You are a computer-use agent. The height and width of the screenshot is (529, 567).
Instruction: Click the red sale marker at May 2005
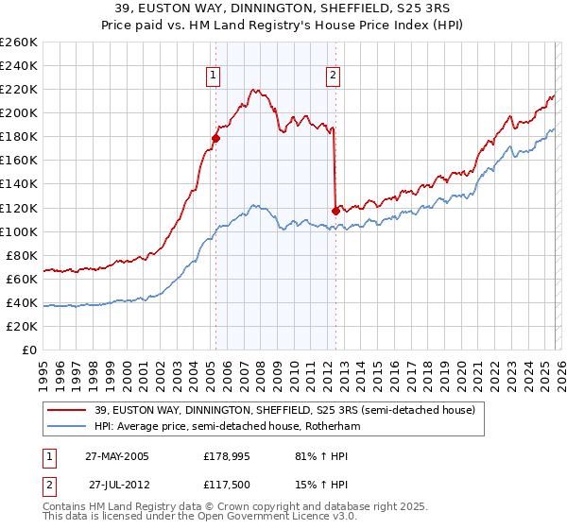point(215,138)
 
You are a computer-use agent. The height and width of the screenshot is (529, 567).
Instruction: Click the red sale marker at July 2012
point(335,211)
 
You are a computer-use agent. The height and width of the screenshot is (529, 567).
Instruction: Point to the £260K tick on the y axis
point(19,43)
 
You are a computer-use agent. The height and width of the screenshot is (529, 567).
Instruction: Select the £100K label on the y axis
point(19,231)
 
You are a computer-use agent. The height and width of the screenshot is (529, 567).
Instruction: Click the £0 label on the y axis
point(29,350)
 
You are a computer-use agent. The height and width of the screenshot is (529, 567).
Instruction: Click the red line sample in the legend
point(69,410)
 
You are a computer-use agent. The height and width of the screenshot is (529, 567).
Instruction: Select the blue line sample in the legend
point(69,427)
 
